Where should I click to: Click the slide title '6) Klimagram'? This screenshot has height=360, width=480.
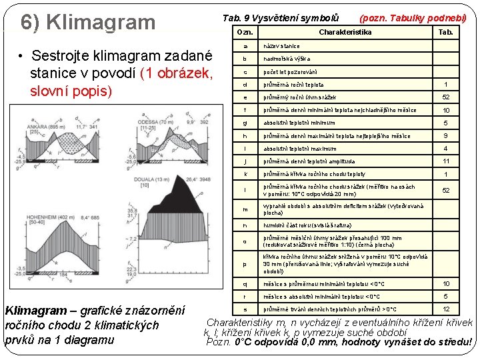coord(88,22)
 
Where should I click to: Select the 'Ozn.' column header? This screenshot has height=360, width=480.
coord(245,32)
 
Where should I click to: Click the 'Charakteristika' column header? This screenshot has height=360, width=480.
coord(345,32)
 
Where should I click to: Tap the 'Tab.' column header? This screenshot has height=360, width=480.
coord(446,32)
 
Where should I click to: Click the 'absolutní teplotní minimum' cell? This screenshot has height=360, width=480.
coord(299,123)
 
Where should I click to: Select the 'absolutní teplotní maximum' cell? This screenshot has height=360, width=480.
coord(299,148)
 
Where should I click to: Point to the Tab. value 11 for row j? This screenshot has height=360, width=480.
coord(446,161)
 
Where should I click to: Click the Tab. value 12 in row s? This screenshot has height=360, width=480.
coord(446,309)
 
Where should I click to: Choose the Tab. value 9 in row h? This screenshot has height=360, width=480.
coord(446,136)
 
